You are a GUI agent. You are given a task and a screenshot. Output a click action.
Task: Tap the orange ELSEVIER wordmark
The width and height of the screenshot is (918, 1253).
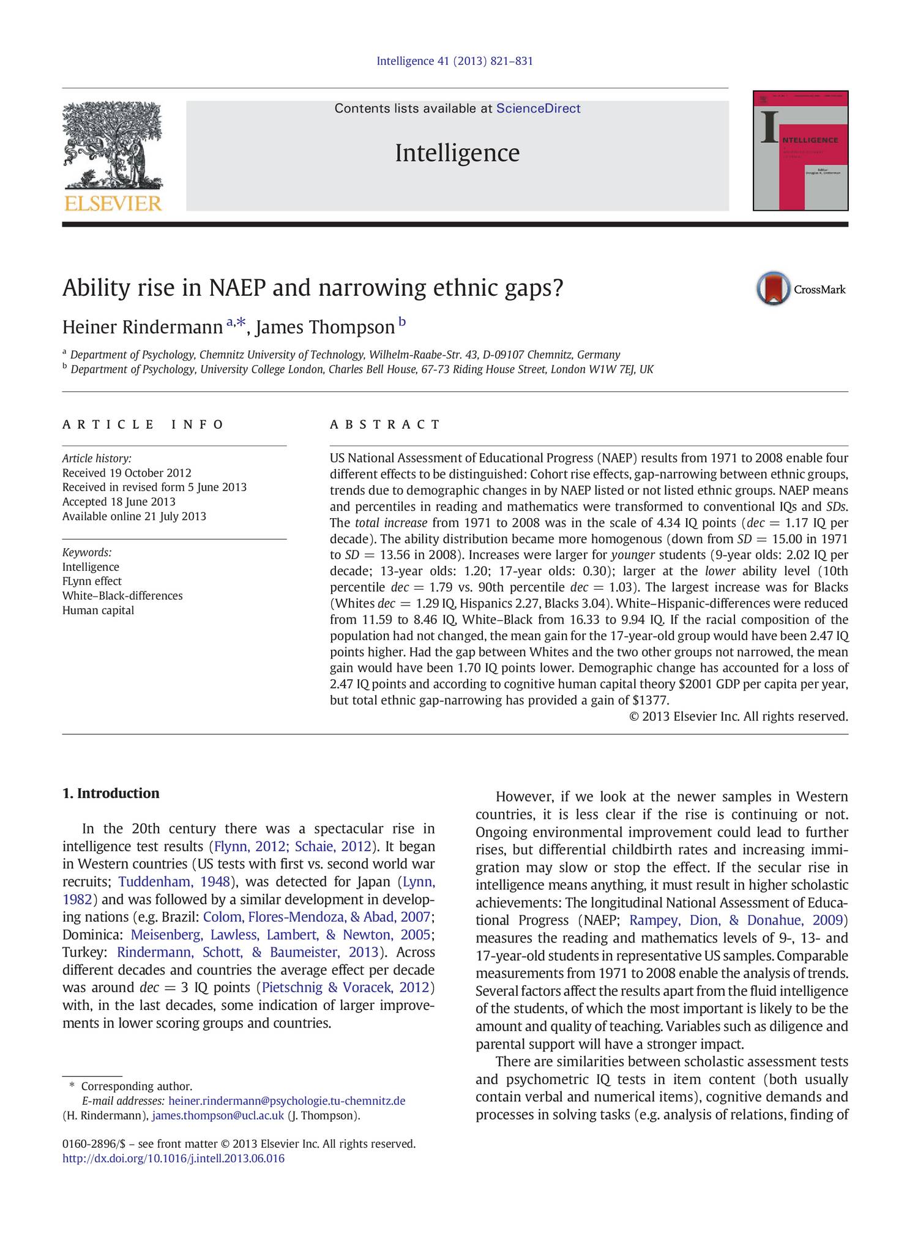(x=113, y=203)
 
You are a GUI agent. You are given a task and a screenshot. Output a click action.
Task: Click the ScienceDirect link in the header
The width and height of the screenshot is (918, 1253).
(x=538, y=108)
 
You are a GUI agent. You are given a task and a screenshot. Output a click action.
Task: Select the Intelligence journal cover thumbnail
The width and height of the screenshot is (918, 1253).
(x=800, y=151)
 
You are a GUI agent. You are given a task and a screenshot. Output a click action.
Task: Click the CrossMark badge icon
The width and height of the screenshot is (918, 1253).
(x=773, y=288)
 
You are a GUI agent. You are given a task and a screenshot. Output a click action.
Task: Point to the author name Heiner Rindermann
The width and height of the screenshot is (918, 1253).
(x=142, y=328)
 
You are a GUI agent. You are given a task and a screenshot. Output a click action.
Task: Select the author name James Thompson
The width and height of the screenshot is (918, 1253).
(x=325, y=328)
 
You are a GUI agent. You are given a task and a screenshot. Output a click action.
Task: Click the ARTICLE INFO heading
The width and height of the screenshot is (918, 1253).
(x=143, y=424)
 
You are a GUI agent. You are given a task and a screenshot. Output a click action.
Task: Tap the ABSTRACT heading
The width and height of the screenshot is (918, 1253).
(x=385, y=424)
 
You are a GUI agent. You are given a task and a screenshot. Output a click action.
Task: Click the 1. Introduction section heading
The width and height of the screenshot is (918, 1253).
(x=111, y=794)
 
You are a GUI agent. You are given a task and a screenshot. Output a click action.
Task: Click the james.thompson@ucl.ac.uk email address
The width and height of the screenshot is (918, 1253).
(x=218, y=1115)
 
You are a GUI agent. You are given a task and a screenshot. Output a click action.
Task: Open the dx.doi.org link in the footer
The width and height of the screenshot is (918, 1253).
(x=173, y=1158)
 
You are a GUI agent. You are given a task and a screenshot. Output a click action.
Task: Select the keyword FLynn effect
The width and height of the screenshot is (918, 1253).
(x=92, y=581)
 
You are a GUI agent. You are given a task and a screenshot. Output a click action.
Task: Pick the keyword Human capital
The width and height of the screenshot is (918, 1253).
(x=98, y=610)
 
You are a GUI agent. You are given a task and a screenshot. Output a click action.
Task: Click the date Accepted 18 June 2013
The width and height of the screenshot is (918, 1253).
(x=119, y=502)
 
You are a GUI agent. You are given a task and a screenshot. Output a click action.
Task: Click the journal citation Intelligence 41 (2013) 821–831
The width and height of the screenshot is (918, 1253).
(x=455, y=61)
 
